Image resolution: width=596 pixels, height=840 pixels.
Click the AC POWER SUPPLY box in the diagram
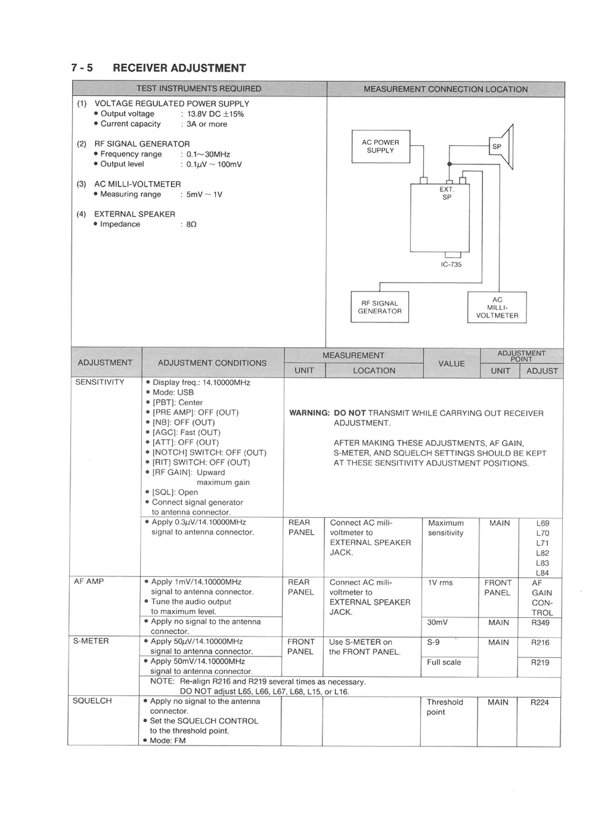[x=380, y=146]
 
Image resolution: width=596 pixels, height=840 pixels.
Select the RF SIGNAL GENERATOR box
[x=380, y=307]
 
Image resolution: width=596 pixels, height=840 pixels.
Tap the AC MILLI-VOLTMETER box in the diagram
[x=497, y=307]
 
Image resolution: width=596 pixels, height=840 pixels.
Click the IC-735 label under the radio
[x=451, y=264]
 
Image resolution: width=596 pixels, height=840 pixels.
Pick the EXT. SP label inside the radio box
[x=447, y=193]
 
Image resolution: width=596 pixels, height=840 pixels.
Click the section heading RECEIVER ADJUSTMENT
[x=179, y=68]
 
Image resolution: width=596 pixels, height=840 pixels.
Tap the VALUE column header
[x=451, y=363]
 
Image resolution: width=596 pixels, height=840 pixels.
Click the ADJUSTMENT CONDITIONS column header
[x=212, y=363]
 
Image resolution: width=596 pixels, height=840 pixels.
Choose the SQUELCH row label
[x=92, y=701]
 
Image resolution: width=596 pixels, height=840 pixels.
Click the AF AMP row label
[x=89, y=581]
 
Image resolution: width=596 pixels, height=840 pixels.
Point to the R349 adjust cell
[x=540, y=622]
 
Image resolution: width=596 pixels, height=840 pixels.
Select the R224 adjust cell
[x=540, y=702]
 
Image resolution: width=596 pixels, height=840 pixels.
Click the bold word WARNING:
[x=309, y=413]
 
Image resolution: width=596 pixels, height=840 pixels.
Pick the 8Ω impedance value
[x=191, y=225]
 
